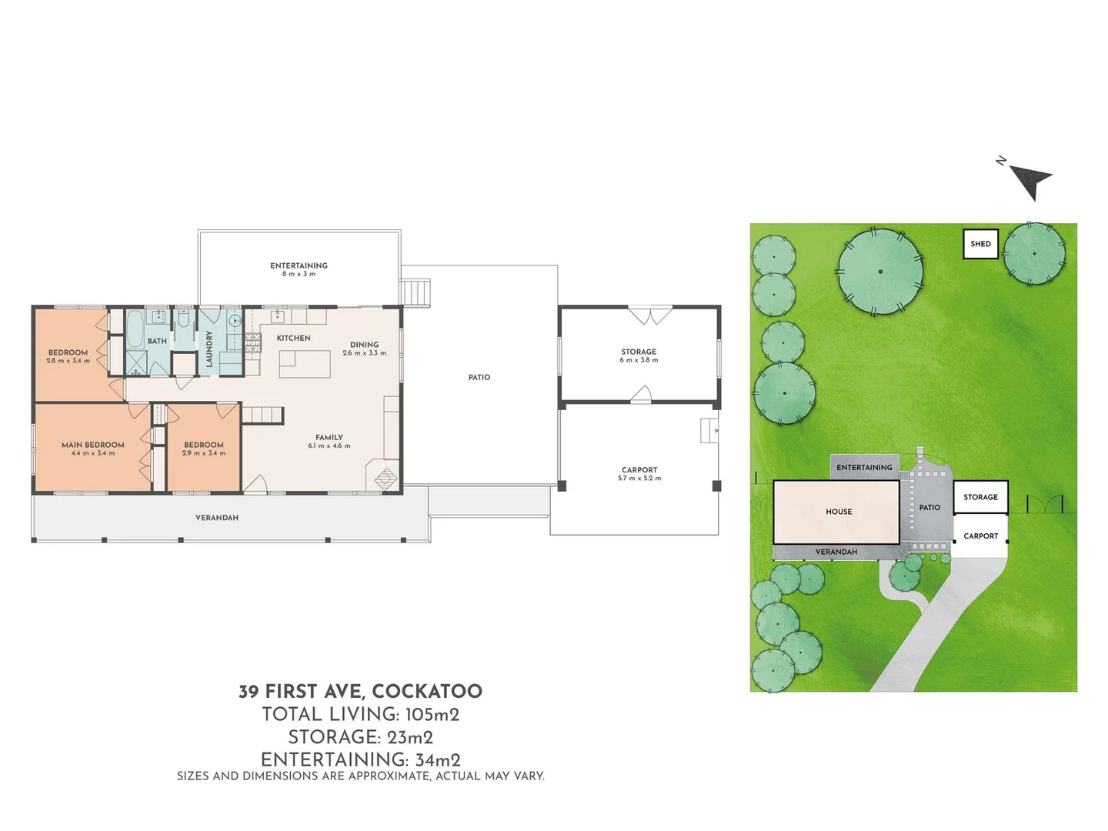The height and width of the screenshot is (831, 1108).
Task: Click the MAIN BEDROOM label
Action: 93,445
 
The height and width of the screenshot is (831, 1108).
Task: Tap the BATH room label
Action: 157,341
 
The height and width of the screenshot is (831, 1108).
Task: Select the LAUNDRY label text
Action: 209,349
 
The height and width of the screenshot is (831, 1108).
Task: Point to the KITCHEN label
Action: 294,338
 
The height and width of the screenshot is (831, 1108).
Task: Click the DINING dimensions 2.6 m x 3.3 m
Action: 365,353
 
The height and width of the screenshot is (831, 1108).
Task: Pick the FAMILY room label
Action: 329,437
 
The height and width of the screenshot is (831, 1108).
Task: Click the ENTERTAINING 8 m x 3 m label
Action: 299,269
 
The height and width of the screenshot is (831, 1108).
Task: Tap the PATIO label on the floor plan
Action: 479,377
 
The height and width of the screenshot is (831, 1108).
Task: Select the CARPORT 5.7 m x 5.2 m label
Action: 639,473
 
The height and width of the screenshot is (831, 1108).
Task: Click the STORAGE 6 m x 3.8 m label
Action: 639,355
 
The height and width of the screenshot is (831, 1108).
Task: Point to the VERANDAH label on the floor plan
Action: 217,518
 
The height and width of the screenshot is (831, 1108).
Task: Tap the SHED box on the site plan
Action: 980,244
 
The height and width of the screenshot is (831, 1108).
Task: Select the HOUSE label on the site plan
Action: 839,512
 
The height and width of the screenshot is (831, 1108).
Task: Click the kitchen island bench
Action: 305,364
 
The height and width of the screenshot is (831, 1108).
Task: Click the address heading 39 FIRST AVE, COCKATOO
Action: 360,691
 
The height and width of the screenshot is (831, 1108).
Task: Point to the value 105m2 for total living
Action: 432,714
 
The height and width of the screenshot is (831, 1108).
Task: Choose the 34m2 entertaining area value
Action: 438,759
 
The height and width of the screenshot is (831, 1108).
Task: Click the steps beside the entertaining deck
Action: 416,292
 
